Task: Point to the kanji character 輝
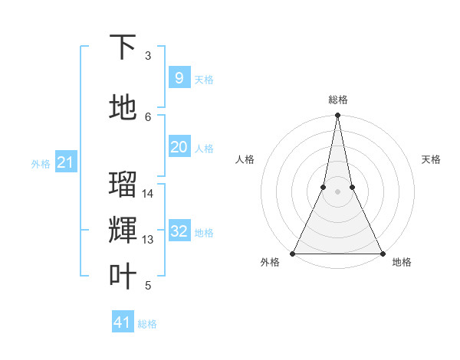coord(123,231)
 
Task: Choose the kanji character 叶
coord(123,277)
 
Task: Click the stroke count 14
coord(149,194)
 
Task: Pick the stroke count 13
coord(149,240)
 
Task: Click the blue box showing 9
coord(179,77)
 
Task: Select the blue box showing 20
coord(179,147)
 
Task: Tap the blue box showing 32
coord(179,232)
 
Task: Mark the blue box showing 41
coord(123,322)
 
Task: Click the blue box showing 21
coord(65,162)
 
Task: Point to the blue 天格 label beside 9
coord(204,79)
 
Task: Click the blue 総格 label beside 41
coord(147,324)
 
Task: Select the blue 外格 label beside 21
coord(41,164)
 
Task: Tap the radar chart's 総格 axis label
coord(338,100)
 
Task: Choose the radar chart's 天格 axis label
coord(432,159)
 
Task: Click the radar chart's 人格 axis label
coord(245,159)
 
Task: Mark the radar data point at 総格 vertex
coord(337,116)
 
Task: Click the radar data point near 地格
coord(382,253)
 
